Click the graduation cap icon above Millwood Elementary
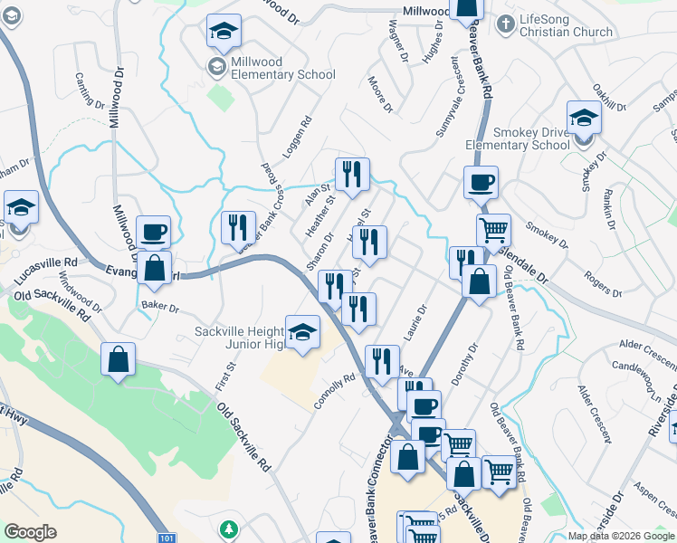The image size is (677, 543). (x=224, y=33)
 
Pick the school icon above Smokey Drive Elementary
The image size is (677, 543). (x=584, y=119)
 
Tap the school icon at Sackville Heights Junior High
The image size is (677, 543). (x=302, y=332)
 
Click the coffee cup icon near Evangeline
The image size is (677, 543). (x=153, y=233)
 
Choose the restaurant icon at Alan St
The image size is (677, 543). (x=352, y=175)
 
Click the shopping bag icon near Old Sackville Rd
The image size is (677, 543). (x=118, y=360)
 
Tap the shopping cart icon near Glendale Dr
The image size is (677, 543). (x=493, y=231)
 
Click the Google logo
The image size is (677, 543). (x=31, y=532)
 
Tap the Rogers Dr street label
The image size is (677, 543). (x=603, y=282)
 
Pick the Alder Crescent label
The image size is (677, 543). (x=646, y=354)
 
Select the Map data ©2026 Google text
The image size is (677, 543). (x=622, y=536)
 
